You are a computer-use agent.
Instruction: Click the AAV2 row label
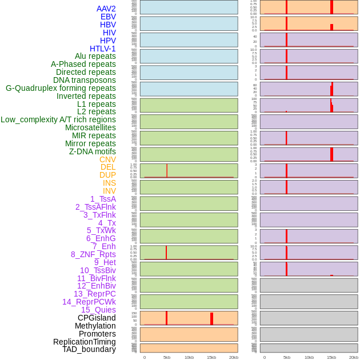pos(106,9)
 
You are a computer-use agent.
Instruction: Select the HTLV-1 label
pos(102,49)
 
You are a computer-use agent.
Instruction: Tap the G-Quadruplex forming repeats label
pos(61,88)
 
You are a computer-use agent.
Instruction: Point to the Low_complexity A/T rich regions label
pos(58,119)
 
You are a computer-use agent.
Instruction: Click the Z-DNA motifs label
pos(92,151)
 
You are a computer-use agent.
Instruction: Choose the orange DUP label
pos(107,175)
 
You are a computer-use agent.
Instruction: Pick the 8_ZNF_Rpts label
pos(93,254)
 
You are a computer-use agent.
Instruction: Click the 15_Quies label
pos(98,310)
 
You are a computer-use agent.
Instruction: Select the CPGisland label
pos(97,318)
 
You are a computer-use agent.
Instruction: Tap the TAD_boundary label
pos(89,349)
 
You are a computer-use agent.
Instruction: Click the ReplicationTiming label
pos(85,342)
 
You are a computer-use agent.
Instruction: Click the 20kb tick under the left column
pos(234,357)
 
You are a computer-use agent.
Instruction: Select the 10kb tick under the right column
pos(309,357)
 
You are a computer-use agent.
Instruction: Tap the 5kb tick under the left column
pos(167,357)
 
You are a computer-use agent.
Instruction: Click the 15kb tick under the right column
pos(331,357)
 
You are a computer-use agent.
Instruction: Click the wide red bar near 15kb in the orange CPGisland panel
pos(211,319)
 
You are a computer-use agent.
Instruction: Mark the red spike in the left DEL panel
pos(167,171)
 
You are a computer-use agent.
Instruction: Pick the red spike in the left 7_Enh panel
pos(166,253)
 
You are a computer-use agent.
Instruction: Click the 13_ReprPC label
pos(94,294)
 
